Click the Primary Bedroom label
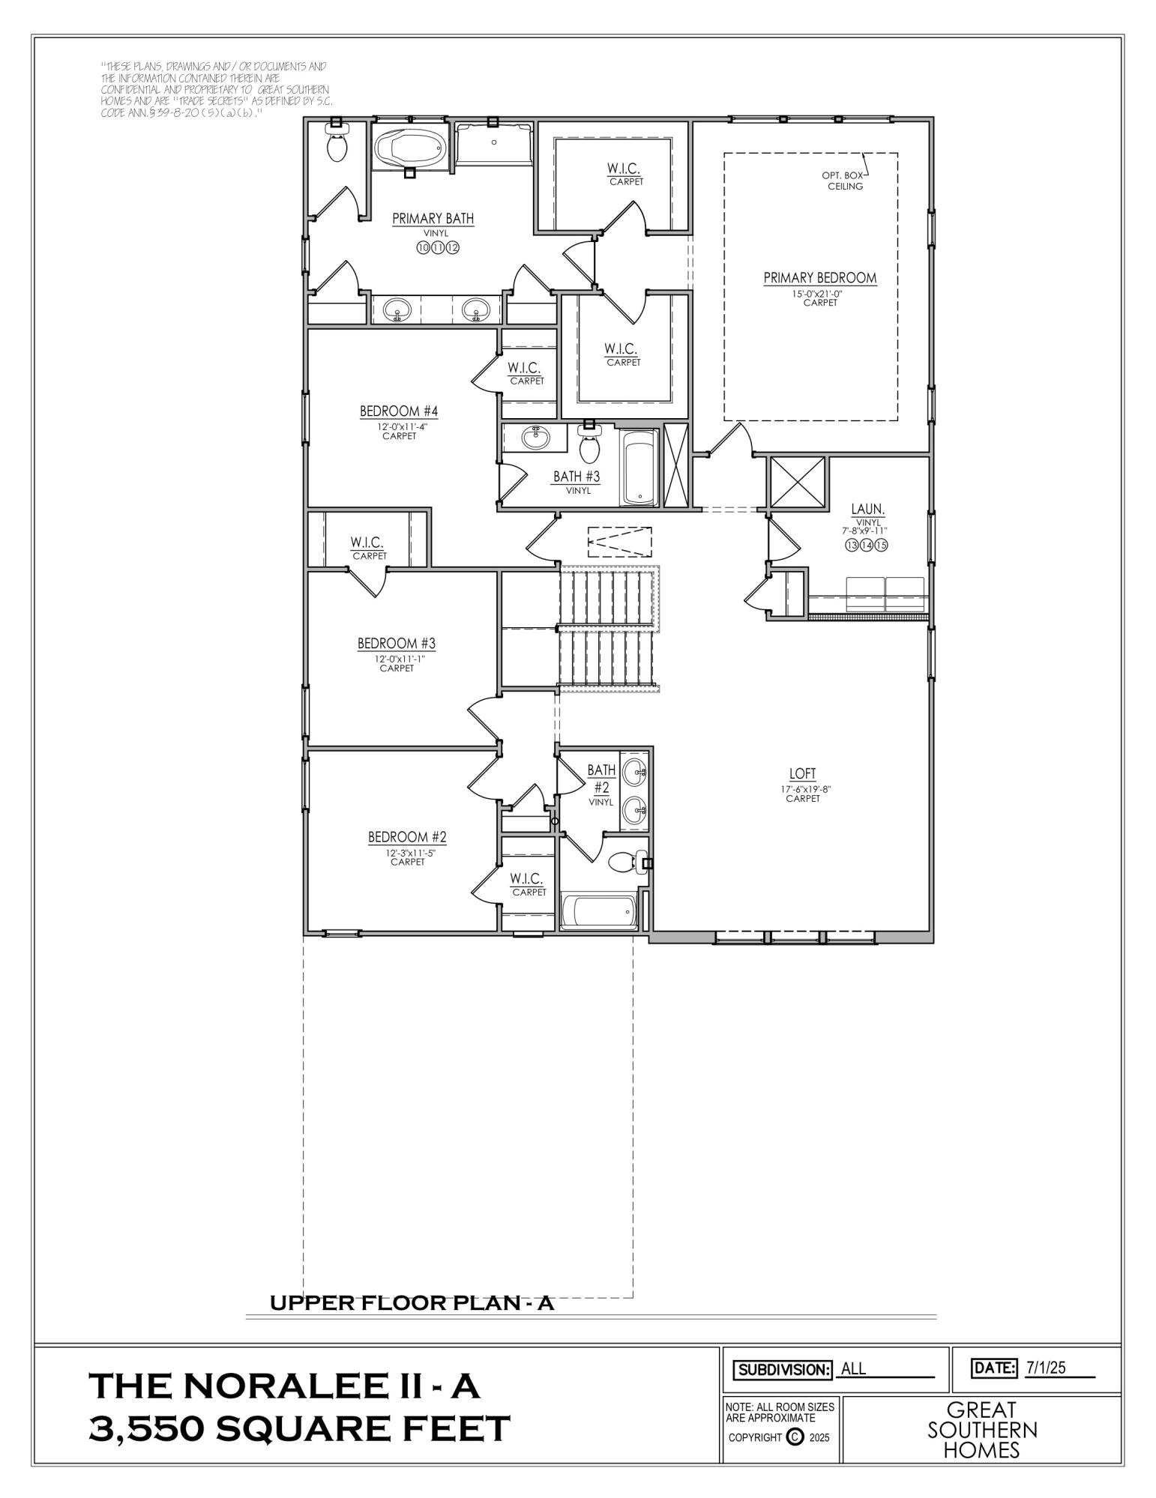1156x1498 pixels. click(x=819, y=278)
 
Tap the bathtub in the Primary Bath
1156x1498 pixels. click(x=409, y=148)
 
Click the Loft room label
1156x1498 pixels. click(x=802, y=774)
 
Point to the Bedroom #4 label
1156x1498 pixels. click(x=399, y=411)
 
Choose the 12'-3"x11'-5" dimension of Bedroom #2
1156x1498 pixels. click(x=407, y=853)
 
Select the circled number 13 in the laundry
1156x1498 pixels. click(x=851, y=546)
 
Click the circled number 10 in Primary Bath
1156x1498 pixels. click(x=423, y=248)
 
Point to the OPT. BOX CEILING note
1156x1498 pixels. click(x=845, y=181)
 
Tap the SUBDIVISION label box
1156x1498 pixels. click(x=783, y=1369)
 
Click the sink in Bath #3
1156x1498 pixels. click(x=535, y=438)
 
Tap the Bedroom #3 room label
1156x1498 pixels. click(x=397, y=644)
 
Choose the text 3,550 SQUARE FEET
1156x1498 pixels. click(x=299, y=1428)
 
